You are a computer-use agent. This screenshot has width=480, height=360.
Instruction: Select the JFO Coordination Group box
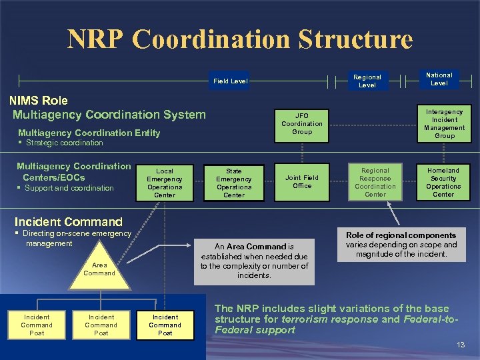301,123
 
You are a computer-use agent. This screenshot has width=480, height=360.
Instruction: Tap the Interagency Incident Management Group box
444,123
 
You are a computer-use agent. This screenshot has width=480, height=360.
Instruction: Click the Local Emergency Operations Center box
165,183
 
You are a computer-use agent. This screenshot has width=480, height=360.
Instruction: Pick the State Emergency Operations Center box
233,183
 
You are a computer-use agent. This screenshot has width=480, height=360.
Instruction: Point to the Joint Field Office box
301,181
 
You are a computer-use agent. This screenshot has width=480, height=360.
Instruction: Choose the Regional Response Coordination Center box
375,182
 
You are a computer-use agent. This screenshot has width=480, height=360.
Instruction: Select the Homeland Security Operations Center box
443,182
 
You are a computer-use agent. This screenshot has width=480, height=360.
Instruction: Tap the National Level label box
439,79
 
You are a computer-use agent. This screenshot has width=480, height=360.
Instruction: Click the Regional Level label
367,81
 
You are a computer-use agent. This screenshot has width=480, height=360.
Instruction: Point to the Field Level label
230,81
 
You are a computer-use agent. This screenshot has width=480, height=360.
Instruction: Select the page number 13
460,345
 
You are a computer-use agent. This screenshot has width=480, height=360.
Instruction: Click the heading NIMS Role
38,101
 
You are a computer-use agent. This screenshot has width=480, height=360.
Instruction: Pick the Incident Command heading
68,221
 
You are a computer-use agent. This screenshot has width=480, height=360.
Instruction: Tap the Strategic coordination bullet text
64,143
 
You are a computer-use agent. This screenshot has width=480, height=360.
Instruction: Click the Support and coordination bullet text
69,188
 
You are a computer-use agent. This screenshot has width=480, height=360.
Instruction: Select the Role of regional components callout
401,245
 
